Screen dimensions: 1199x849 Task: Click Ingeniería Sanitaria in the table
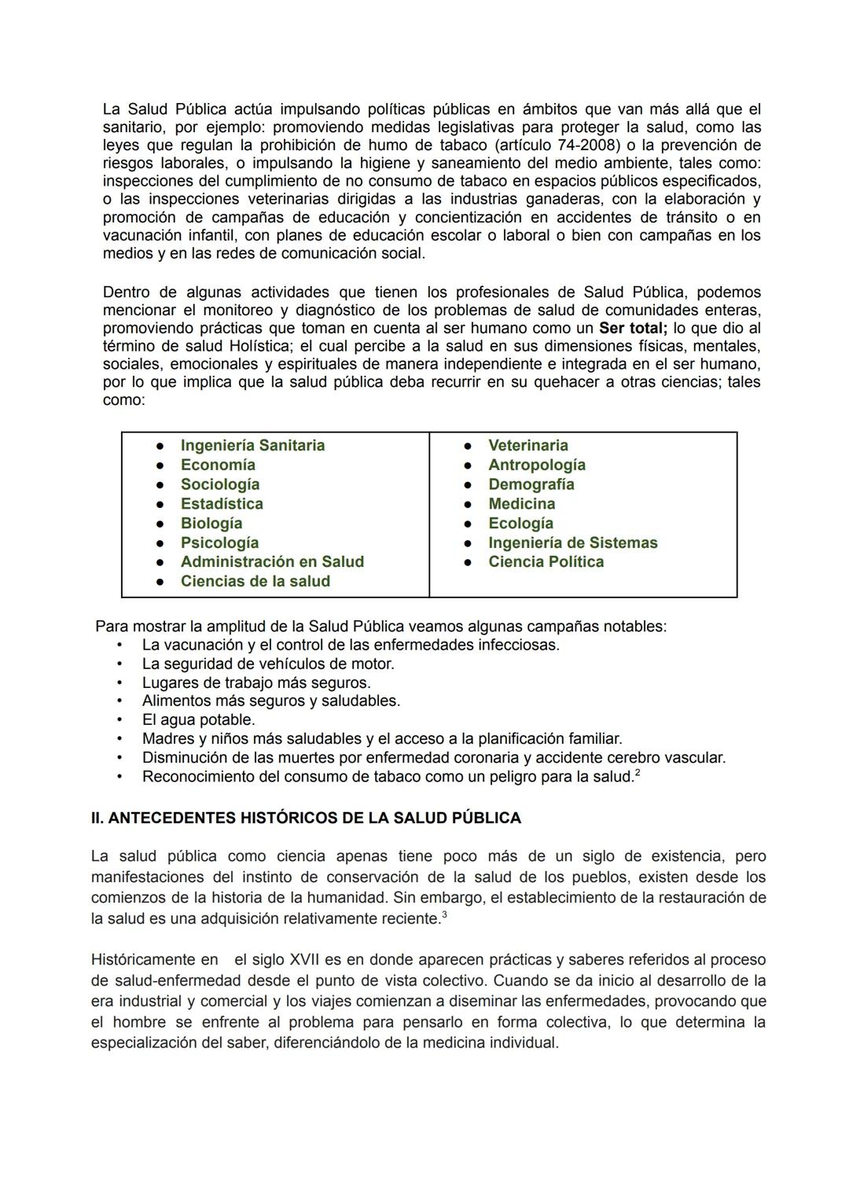click(x=252, y=445)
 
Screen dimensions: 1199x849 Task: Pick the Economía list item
click(x=218, y=465)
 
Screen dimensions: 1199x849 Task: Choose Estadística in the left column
click(x=222, y=503)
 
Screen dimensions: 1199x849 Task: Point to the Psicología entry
click(x=219, y=542)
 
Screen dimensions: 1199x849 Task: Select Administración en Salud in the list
click(x=272, y=561)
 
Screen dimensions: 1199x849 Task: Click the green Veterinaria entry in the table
click(x=527, y=445)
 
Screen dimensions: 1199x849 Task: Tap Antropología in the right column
click(x=536, y=465)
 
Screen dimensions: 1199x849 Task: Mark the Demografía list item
click(x=531, y=484)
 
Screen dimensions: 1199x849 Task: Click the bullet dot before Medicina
click(x=467, y=504)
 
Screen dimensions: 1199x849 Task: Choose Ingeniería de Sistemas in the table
click(x=572, y=542)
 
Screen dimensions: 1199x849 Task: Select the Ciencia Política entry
click(x=546, y=561)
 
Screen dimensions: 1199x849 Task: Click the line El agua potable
click(x=198, y=719)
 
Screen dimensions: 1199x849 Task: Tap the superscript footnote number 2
click(x=638, y=773)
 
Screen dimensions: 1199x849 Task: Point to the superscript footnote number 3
click(x=444, y=914)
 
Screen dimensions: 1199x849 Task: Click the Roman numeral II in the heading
click(x=97, y=818)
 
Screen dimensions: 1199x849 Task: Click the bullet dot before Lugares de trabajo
click(x=119, y=682)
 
